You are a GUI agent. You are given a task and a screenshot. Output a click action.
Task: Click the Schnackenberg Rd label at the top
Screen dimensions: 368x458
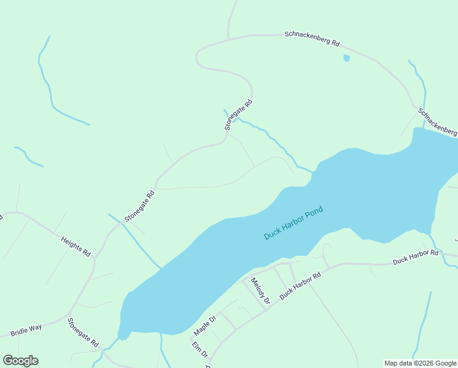pos(312,39)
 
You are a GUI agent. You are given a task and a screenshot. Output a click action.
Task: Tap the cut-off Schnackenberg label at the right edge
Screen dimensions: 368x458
pos(438,122)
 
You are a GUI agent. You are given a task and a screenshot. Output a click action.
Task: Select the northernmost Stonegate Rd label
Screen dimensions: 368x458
pos(238,115)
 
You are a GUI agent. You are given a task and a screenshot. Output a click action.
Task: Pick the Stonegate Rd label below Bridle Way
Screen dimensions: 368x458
pos(83,332)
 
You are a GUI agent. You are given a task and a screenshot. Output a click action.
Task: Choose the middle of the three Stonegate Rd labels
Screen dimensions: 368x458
pos(140,206)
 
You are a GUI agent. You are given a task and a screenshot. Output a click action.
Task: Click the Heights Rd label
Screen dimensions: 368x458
pos(76,245)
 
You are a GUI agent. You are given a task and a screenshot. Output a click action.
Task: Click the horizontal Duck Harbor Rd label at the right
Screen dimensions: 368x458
pos(416,257)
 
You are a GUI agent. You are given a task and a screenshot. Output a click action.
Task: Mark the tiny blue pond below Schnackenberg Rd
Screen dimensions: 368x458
pos(347,58)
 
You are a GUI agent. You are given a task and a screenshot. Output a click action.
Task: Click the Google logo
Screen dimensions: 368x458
pos(20,361)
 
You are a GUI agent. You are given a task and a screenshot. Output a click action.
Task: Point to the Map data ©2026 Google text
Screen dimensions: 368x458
pos(421,363)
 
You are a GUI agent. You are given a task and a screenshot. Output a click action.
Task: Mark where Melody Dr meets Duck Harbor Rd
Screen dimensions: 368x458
pos(266,309)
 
